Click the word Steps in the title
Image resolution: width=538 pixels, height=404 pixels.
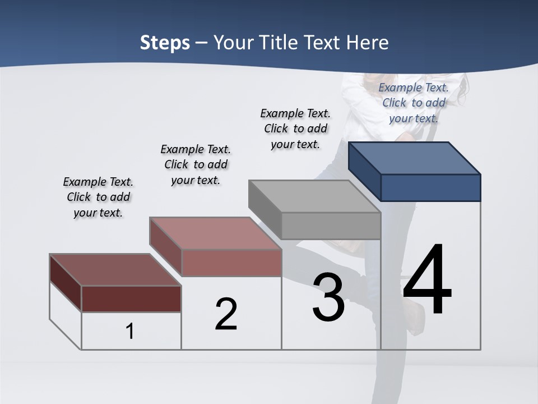pos(165,43)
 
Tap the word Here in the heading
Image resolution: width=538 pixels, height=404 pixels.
pos(368,43)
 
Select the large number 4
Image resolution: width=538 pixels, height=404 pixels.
pos(427,281)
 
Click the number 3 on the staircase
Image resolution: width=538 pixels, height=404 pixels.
pos(328,297)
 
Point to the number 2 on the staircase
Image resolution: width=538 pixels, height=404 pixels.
pos(226,314)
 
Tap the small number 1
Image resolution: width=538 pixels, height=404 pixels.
pos(130,332)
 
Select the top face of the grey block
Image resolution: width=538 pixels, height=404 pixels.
pos(314,196)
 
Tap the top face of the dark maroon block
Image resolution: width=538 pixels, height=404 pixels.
pos(115,270)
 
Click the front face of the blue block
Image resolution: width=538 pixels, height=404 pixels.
pos(430,187)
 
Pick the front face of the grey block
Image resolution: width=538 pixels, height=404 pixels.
pos(331,226)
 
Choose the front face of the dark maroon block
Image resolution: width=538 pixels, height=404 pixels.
pos(131,299)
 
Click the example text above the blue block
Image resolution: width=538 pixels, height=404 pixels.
pos(414,103)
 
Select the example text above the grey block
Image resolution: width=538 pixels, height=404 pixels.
pos(295,128)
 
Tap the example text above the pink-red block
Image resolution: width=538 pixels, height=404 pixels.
pos(196,164)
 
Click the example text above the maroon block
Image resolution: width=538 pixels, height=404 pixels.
pos(98,197)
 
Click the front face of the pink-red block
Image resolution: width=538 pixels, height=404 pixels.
pos(231,263)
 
